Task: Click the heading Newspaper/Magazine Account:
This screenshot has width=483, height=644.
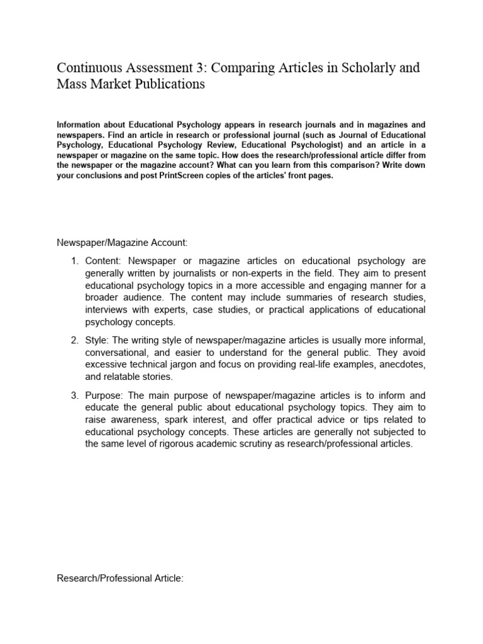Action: click(113, 242)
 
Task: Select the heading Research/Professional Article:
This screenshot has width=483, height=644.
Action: click(120, 579)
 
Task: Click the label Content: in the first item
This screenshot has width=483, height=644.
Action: click(106, 262)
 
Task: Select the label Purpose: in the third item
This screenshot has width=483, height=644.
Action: click(108, 396)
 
